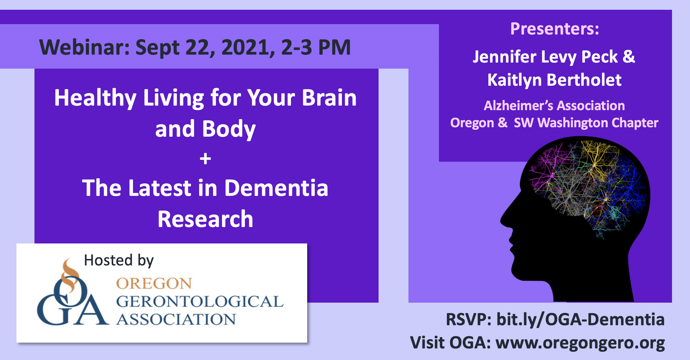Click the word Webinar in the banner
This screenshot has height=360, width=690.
coord(85,47)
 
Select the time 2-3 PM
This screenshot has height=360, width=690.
coord(316,47)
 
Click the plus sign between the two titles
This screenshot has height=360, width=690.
coord(205,159)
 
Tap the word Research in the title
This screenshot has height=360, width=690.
coord(205,219)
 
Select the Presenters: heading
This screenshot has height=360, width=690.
coord(555,29)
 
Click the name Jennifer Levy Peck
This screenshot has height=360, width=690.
coord(545,57)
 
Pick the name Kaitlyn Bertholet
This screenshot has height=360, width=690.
coord(554,80)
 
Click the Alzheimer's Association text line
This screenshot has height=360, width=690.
coord(554,106)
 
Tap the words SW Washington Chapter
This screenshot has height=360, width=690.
coord(586,123)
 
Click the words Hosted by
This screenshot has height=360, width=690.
coord(119,261)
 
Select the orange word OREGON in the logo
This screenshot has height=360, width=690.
coord(154,283)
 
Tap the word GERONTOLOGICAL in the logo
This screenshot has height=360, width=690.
coord(200,301)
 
